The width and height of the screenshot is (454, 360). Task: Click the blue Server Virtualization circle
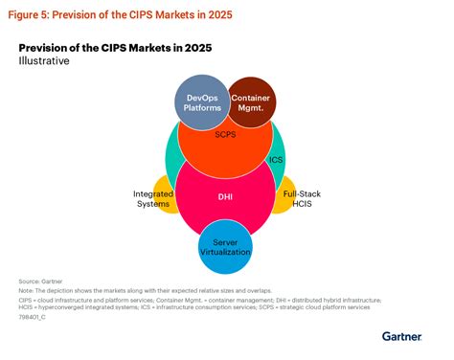point(225,247)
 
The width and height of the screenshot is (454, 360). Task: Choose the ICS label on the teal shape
point(277,159)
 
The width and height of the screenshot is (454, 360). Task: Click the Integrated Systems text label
point(150,199)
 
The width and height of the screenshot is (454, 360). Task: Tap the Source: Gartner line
point(38,281)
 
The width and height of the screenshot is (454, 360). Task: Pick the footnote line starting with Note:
point(143,289)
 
